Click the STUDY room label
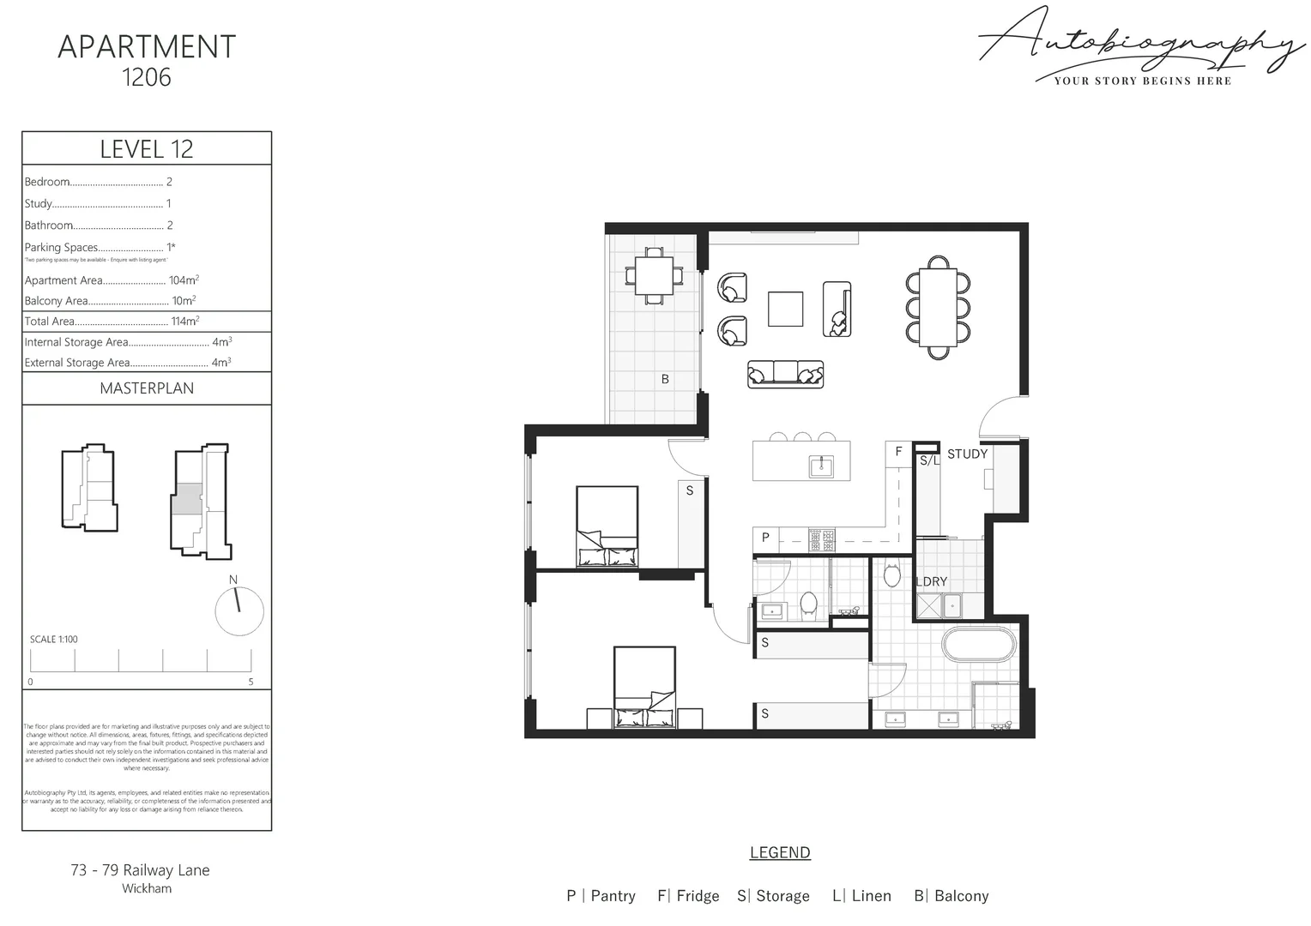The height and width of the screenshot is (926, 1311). point(967,454)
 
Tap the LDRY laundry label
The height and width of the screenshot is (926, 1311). point(932,581)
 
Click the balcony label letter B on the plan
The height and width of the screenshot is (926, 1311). point(665,379)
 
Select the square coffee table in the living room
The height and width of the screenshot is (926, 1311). point(785,310)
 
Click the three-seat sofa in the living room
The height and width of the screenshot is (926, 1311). point(785,374)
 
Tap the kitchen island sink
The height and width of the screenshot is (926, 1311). point(821,466)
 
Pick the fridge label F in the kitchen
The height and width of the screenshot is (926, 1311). point(898,451)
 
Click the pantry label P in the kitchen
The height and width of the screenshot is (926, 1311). point(765,538)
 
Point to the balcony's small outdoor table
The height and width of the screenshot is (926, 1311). point(654,275)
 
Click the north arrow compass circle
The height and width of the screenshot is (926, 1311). point(239,611)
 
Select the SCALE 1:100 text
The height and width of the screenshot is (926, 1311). point(54,640)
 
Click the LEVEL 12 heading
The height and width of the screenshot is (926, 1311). point(147,149)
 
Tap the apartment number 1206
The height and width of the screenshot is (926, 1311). point(147,77)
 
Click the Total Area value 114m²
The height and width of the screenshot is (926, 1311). point(184,322)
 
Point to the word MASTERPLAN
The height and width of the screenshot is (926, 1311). point(147,388)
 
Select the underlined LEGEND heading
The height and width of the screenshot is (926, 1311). point(780,852)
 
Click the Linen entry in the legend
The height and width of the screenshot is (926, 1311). point(861,896)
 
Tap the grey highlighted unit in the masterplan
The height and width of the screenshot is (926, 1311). point(188,498)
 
